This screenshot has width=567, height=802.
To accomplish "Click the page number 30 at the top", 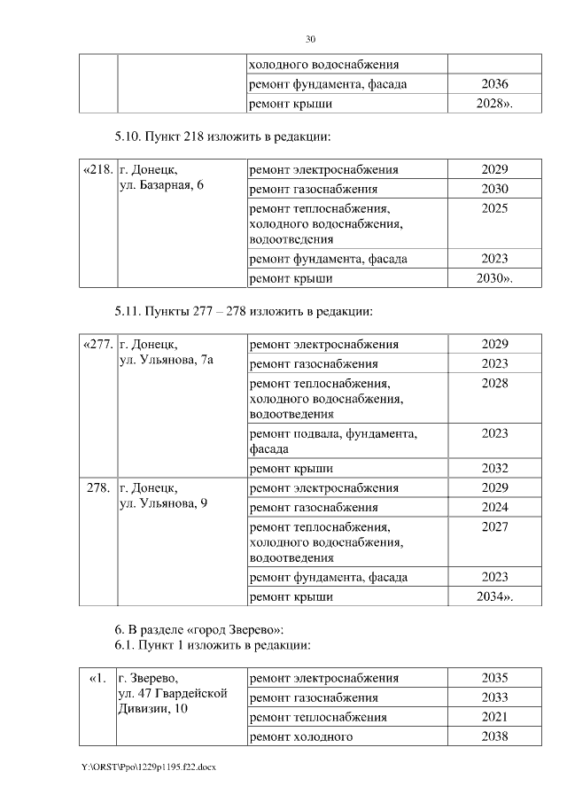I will click(310, 40).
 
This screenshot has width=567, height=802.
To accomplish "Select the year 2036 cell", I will click(494, 85).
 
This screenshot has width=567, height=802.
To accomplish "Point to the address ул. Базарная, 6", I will click(162, 187).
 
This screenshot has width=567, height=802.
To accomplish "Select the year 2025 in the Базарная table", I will click(494, 207).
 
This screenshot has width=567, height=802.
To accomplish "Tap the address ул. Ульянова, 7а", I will click(167, 362).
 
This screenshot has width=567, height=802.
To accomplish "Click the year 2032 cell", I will click(494, 469).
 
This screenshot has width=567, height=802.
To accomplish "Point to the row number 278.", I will click(97, 488).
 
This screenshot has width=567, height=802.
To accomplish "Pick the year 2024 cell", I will click(494, 508).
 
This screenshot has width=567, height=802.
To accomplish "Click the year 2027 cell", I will click(494, 526).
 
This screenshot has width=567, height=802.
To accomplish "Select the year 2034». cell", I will click(494, 597).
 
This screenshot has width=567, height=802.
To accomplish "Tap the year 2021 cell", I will click(494, 717).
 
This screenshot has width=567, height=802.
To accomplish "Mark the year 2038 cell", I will click(494, 736).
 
